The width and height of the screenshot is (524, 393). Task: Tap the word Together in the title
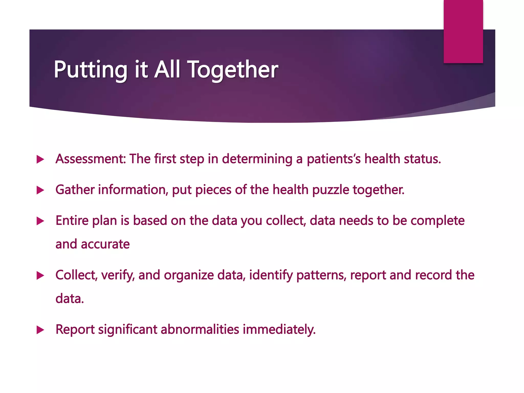pos(233,70)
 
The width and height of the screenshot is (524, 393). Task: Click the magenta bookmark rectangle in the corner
pos(463,31)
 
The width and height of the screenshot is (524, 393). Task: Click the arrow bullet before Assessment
pos(40,159)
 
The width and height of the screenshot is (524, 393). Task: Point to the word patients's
pos(334,159)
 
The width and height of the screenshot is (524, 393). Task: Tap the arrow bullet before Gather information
pos(40,190)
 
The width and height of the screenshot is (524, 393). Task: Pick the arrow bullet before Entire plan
pos(40,221)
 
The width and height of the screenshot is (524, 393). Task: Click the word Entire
pos(72,221)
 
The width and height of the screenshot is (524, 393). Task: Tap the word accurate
pos(105,244)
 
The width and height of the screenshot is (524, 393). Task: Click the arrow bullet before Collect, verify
pos(40,276)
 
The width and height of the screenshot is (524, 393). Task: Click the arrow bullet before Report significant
pos(40,330)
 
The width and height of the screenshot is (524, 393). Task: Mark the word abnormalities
pos(200,329)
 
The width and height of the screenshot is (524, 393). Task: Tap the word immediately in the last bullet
pos(279,330)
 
